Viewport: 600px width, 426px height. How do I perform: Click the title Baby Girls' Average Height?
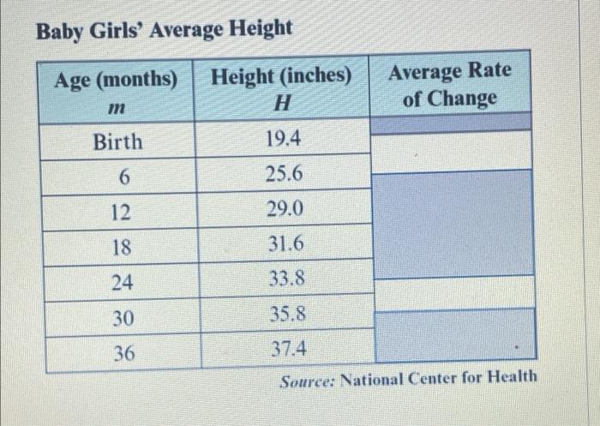164,28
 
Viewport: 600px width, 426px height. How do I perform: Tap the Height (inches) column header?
282,76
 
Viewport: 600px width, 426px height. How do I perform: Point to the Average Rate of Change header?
450,84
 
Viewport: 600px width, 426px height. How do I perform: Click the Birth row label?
117,141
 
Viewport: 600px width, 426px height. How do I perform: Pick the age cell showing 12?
123,211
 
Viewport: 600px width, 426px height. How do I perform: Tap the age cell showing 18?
123,246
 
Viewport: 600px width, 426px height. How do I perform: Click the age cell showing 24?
123,281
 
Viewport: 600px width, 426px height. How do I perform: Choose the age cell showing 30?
123,317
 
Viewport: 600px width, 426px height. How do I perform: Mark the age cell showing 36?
123,351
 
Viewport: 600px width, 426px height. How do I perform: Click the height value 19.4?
284,138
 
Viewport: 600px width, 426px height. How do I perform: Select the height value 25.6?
284,174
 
